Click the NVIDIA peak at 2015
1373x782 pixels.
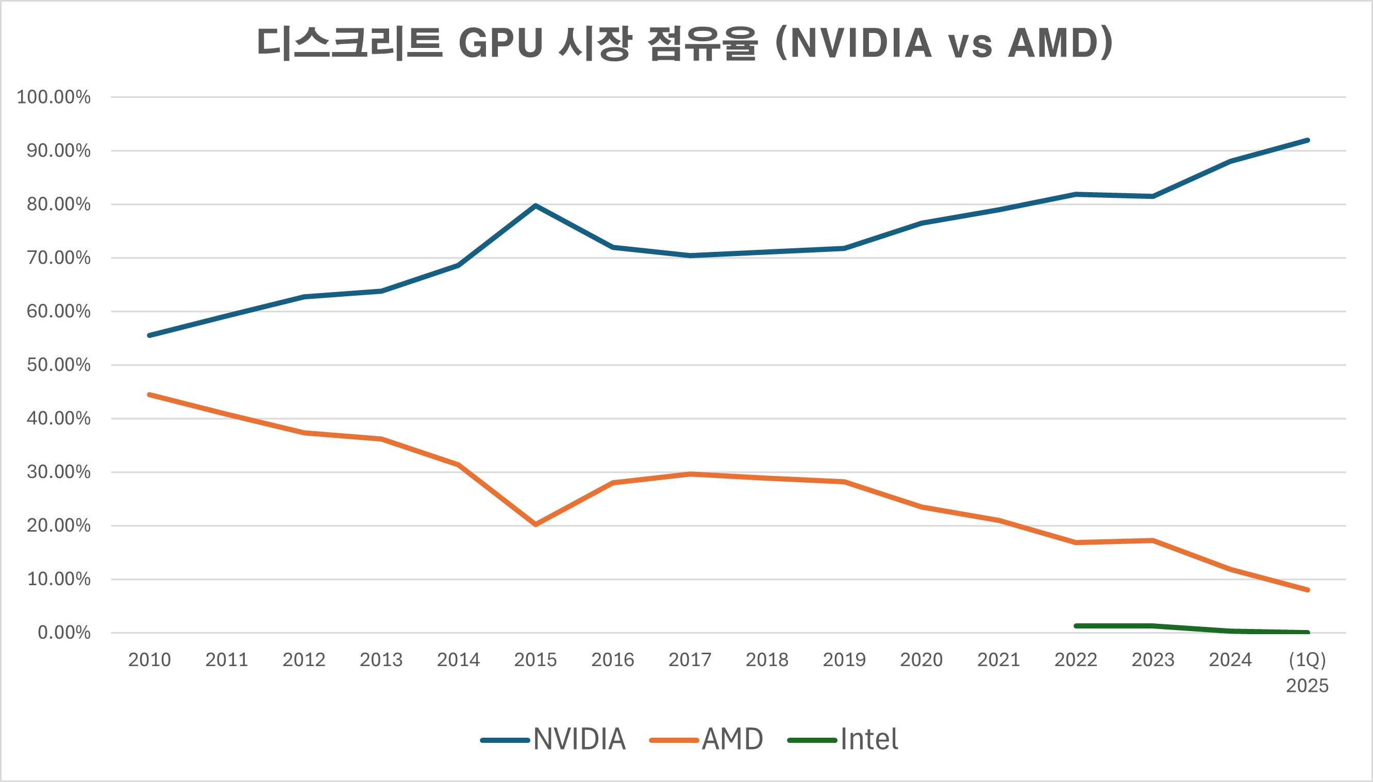(535, 206)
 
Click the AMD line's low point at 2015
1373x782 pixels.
(535, 524)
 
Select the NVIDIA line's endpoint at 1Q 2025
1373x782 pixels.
(1307, 141)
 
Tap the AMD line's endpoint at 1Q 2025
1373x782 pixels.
(1307, 590)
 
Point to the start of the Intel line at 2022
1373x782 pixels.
(1076, 626)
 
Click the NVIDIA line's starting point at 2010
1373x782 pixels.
(149, 335)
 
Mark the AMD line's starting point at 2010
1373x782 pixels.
(149, 395)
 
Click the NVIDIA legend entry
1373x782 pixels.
(554, 740)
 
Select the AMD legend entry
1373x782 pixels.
(707, 740)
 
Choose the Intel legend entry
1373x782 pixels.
(843, 740)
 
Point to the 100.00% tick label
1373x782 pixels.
(54, 97)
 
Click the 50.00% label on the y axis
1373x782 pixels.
(59, 365)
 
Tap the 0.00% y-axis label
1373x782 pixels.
(64, 633)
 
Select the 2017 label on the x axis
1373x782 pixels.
(690, 659)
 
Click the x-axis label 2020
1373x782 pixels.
(921, 659)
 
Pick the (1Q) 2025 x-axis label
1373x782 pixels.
(1307, 672)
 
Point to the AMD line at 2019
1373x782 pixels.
(844, 482)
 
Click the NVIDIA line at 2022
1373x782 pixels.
(1076, 194)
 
